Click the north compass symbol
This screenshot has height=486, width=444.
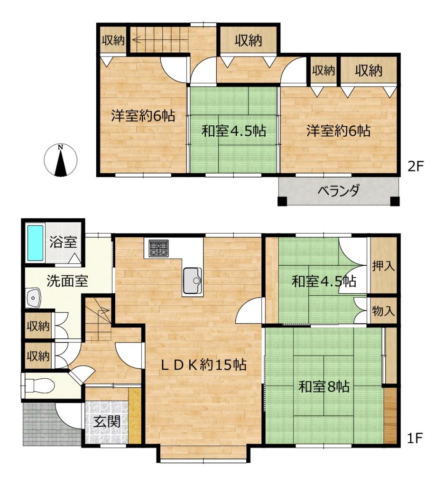click(x=60, y=160)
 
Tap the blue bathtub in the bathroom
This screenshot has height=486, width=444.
click(x=35, y=243)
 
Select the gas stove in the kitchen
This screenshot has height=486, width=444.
click(x=158, y=248)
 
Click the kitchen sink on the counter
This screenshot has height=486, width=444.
click(x=193, y=280)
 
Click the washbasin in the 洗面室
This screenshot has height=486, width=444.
click(x=33, y=298)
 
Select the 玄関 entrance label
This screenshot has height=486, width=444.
click(x=107, y=421)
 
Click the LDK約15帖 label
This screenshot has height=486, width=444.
click(x=203, y=365)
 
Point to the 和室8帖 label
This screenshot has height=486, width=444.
click(x=324, y=386)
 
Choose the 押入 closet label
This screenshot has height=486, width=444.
click(x=384, y=266)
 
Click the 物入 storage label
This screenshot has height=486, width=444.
click(x=384, y=310)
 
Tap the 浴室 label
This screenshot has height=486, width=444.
click(x=63, y=242)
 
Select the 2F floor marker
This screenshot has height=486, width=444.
click(x=415, y=167)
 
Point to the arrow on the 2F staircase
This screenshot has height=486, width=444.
click(x=160, y=40)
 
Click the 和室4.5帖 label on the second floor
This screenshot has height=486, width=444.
click(x=233, y=131)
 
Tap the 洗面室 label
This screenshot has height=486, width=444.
click(x=67, y=281)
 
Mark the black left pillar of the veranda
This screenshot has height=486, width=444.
click(x=282, y=201)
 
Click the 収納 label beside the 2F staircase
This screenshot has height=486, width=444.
click(x=113, y=40)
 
